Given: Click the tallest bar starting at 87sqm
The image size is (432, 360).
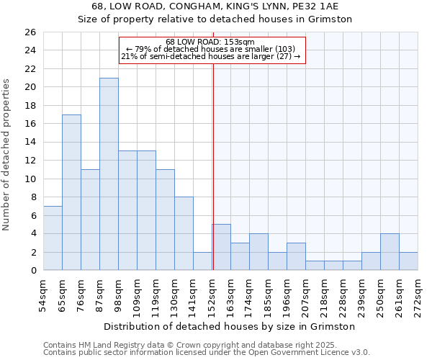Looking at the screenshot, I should tap(109, 174).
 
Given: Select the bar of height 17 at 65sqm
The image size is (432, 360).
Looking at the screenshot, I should tap(71, 192).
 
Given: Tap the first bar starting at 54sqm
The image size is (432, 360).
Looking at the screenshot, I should tap(53, 238).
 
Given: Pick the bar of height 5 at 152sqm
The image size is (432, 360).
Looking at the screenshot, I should tap(221, 247).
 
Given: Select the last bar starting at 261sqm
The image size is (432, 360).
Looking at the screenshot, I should tap(408, 261).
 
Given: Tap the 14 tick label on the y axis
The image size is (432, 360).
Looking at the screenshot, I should tap(30, 143).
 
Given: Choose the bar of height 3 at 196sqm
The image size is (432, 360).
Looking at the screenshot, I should tap(296, 256).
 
